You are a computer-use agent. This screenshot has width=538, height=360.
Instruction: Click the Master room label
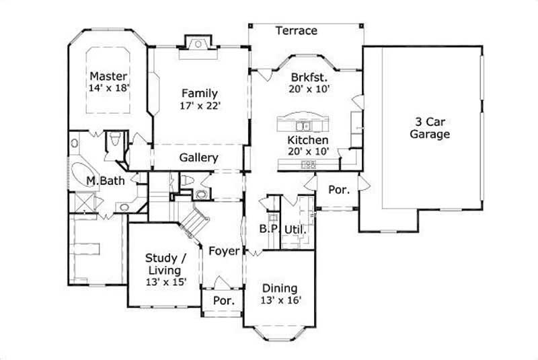click(x=108, y=75)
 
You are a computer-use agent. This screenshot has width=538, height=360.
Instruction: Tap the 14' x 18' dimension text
click(x=108, y=87)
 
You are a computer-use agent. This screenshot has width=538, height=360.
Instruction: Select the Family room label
click(x=198, y=94)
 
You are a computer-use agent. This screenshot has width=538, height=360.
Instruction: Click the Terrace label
click(x=297, y=31)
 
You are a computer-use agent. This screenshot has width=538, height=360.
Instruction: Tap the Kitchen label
click(x=308, y=140)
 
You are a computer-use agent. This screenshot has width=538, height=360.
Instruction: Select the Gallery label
click(x=198, y=158)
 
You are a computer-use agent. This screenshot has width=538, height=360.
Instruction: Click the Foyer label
click(x=224, y=251)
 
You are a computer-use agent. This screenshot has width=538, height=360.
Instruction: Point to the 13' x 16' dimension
click(x=280, y=300)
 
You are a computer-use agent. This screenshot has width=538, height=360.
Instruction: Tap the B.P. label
click(x=269, y=229)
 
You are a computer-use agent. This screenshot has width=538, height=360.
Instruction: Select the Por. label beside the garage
click(x=338, y=190)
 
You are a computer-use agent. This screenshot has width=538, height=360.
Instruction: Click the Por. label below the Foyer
click(x=224, y=301)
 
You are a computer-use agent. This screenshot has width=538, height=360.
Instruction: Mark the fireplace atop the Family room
click(x=198, y=44)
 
